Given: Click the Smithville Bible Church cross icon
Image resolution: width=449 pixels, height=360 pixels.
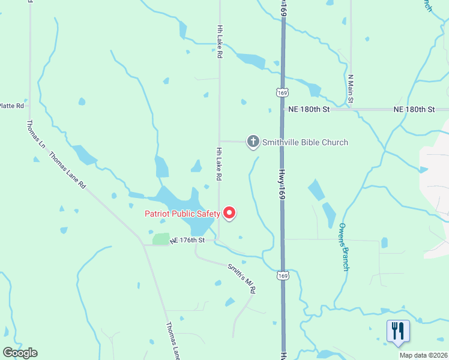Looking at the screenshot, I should (253, 142).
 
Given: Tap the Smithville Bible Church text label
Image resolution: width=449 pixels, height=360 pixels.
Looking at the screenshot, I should (305, 142).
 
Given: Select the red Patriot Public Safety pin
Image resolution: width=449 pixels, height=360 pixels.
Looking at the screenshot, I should (229, 212).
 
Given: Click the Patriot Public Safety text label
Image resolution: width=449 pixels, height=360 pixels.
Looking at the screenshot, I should (182, 214).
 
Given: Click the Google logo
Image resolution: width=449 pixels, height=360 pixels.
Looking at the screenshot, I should (20, 353).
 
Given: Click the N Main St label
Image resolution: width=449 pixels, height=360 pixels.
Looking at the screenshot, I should (352, 88).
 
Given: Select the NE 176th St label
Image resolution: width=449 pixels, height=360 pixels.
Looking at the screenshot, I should (187, 240).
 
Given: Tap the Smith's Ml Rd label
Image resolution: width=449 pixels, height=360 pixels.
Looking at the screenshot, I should (242, 278).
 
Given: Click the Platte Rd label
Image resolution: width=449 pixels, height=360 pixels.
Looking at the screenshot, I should (12, 106).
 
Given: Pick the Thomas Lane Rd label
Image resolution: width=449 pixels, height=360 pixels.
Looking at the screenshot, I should (67, 170).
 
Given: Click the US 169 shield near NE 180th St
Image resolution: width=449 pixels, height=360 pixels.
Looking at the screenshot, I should (282, 92).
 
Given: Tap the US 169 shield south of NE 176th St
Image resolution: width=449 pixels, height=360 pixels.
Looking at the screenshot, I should (282, 275).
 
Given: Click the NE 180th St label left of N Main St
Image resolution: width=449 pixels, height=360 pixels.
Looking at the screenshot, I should (309, 110).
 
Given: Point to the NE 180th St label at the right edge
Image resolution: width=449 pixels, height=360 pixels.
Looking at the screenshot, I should (414, 110).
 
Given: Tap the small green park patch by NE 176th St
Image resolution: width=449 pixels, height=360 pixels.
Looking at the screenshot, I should (161, 239).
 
